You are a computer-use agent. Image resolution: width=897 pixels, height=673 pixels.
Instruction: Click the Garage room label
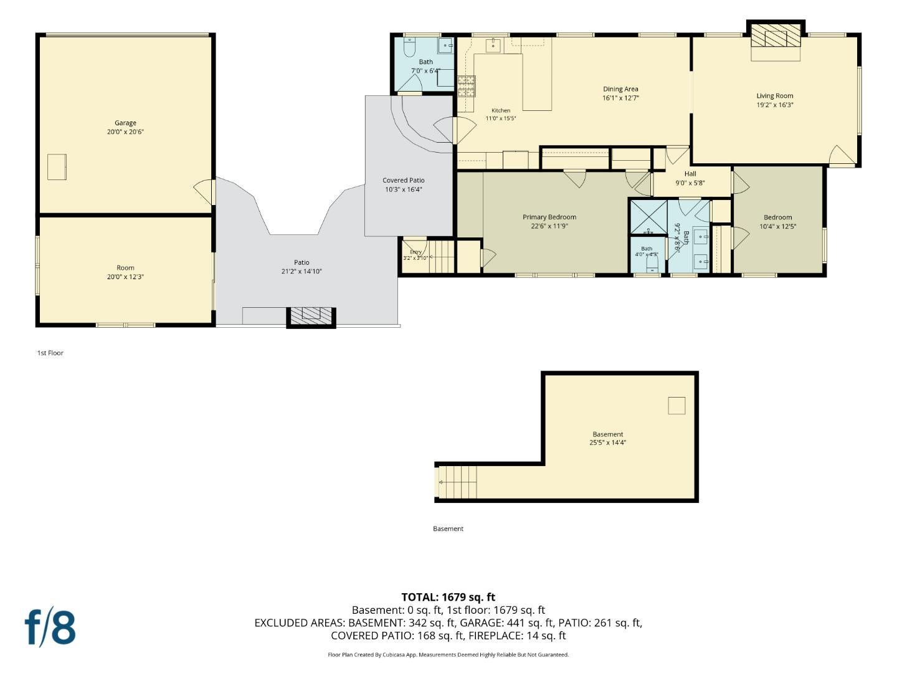click(125, 123)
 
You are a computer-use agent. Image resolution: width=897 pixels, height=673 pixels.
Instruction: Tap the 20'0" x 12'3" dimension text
click(125, 277)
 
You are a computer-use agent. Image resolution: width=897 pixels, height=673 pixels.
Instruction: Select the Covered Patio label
click(404, 180)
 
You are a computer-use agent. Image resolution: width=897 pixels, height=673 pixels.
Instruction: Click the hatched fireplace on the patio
click(311, 317)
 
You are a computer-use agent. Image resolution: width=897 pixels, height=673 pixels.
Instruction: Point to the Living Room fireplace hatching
click(776, 35)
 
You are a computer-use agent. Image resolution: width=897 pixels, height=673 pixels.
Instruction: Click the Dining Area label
click(620, 89)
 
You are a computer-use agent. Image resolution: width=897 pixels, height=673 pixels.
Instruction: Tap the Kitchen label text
click(501, 110)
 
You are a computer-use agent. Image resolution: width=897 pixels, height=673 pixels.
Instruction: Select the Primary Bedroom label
click(549, 217)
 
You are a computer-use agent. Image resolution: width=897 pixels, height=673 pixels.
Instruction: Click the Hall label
click(690, 174)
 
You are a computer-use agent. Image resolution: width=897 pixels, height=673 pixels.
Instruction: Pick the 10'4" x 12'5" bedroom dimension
click(777, 226)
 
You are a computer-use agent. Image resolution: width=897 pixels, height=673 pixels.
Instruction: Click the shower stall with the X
click(648, 217)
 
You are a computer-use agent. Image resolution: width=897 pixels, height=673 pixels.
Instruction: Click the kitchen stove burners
click(467, 87)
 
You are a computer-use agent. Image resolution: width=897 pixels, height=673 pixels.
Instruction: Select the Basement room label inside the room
click(608, 434)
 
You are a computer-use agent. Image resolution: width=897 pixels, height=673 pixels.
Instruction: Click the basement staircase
click(457, 482)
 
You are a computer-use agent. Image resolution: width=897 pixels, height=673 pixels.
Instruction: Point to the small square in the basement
click(676, 405)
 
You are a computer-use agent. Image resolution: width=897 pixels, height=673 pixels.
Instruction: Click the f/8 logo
click(50, 629)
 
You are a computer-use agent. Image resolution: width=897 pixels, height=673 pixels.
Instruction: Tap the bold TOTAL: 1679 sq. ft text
click(448, 597)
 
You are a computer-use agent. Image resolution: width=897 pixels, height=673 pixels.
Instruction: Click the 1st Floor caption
click(50, 353)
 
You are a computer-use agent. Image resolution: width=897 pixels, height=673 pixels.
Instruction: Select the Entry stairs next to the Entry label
click(442, 257)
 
